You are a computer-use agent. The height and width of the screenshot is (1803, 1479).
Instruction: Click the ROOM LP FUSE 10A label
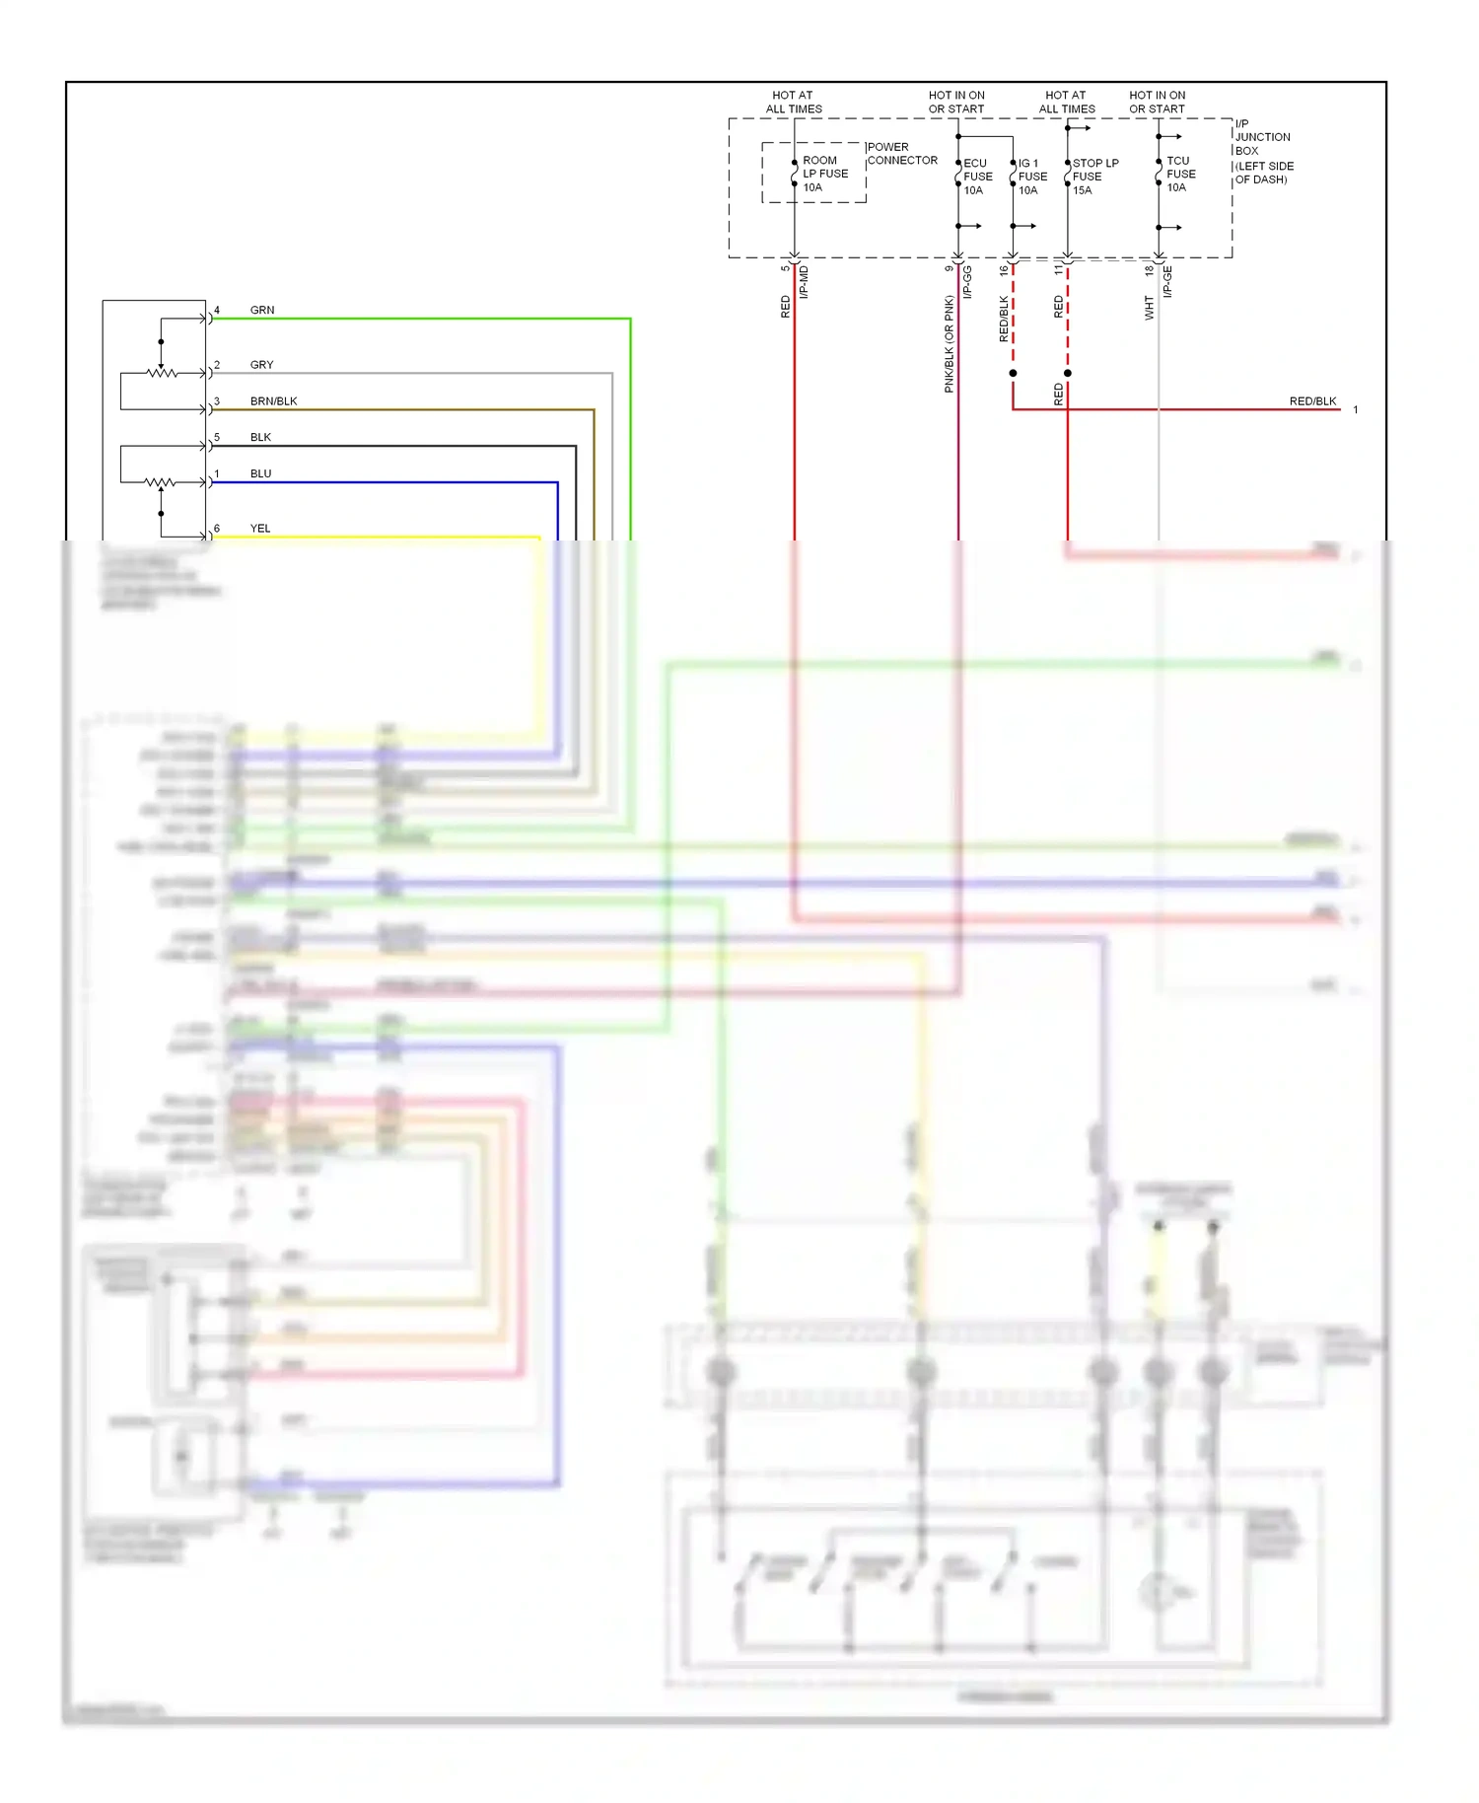click(824, 174)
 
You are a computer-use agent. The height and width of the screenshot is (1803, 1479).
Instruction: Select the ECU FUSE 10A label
click(977, 177)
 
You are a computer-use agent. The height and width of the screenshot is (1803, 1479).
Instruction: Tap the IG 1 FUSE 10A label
click(1031, 177)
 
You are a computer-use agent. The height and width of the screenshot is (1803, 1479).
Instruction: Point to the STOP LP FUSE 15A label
click(1094, 177)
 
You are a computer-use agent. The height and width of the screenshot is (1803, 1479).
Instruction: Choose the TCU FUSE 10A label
click(1180, 174)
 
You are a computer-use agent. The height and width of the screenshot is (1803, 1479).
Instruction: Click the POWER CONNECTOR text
click(901, 154)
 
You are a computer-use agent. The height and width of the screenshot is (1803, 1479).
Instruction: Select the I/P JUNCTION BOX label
click(1263, 151)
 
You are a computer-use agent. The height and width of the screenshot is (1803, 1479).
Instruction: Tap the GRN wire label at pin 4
click(262, 310)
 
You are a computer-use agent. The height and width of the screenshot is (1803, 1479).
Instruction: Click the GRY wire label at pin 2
click(261, 365)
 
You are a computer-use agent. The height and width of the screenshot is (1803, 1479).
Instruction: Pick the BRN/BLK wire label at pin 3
click(273, 401)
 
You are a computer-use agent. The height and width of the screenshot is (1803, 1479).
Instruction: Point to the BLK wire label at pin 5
click(260, 437)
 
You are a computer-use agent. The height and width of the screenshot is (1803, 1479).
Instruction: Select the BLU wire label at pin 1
click(260, 473)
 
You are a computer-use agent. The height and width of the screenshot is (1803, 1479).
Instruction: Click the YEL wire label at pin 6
click(260, 529)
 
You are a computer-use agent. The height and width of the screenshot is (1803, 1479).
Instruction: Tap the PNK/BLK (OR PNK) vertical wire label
click(949, 343)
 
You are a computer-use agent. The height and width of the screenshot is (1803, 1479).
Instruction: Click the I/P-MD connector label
click(804, 282)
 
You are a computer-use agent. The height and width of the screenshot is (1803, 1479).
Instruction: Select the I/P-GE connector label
click(1167, 282)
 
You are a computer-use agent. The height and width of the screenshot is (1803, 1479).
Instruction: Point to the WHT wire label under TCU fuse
click(1149, 307)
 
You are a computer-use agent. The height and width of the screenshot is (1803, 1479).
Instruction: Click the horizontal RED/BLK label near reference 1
click(1312, 401)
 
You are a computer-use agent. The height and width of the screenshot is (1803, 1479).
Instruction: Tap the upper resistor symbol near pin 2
click(162, 373)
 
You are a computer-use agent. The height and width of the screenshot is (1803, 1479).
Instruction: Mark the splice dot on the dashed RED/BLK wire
click(1013, 373)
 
